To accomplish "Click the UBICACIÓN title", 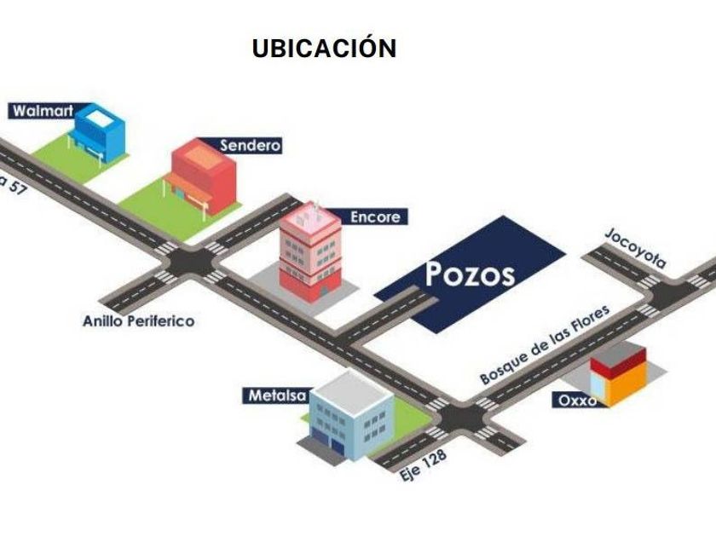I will (x=324, y=49).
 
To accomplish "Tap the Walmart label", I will (x=40, y=111).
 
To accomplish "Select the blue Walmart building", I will (x=98, y=132).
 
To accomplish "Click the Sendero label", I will (x=250, y=145).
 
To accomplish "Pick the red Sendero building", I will (x=203, y=175).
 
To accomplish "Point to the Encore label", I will (x=374, y=217).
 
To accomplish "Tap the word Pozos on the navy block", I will (x=470, y=274).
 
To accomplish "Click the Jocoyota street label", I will (x=635, y=248).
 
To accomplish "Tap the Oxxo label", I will (x=578, y=400).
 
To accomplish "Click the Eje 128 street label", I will (x=424, y=466).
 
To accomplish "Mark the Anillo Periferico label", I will (x=138, y=321).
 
